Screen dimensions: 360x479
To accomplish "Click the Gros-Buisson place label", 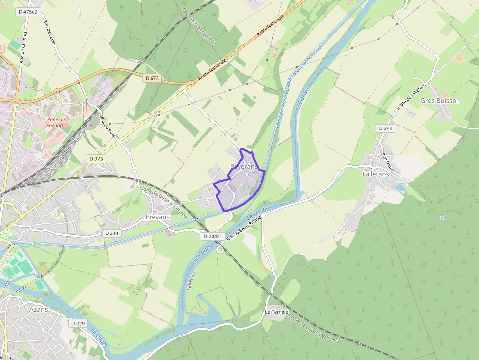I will pos(440,101).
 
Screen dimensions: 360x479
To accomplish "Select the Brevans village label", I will pos(157,217).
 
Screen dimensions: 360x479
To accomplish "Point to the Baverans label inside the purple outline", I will pos(243,167).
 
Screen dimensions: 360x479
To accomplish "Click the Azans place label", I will pos(39,310).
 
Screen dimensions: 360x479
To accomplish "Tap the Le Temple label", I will pos(277,312).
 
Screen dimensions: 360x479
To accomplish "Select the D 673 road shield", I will pos(152,78).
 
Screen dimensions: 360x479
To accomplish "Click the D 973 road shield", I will pos(96,159).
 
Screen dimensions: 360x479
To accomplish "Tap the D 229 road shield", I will pos(78,323).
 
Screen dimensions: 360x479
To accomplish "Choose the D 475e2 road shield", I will pos(28,11).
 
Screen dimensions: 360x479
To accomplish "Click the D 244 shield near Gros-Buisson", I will pos(386,128).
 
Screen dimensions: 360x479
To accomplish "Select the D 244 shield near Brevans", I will pos(111,233).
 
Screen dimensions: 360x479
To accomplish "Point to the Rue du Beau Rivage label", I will pos(244,227).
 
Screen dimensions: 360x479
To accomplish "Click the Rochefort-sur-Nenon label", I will pos(199,26).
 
